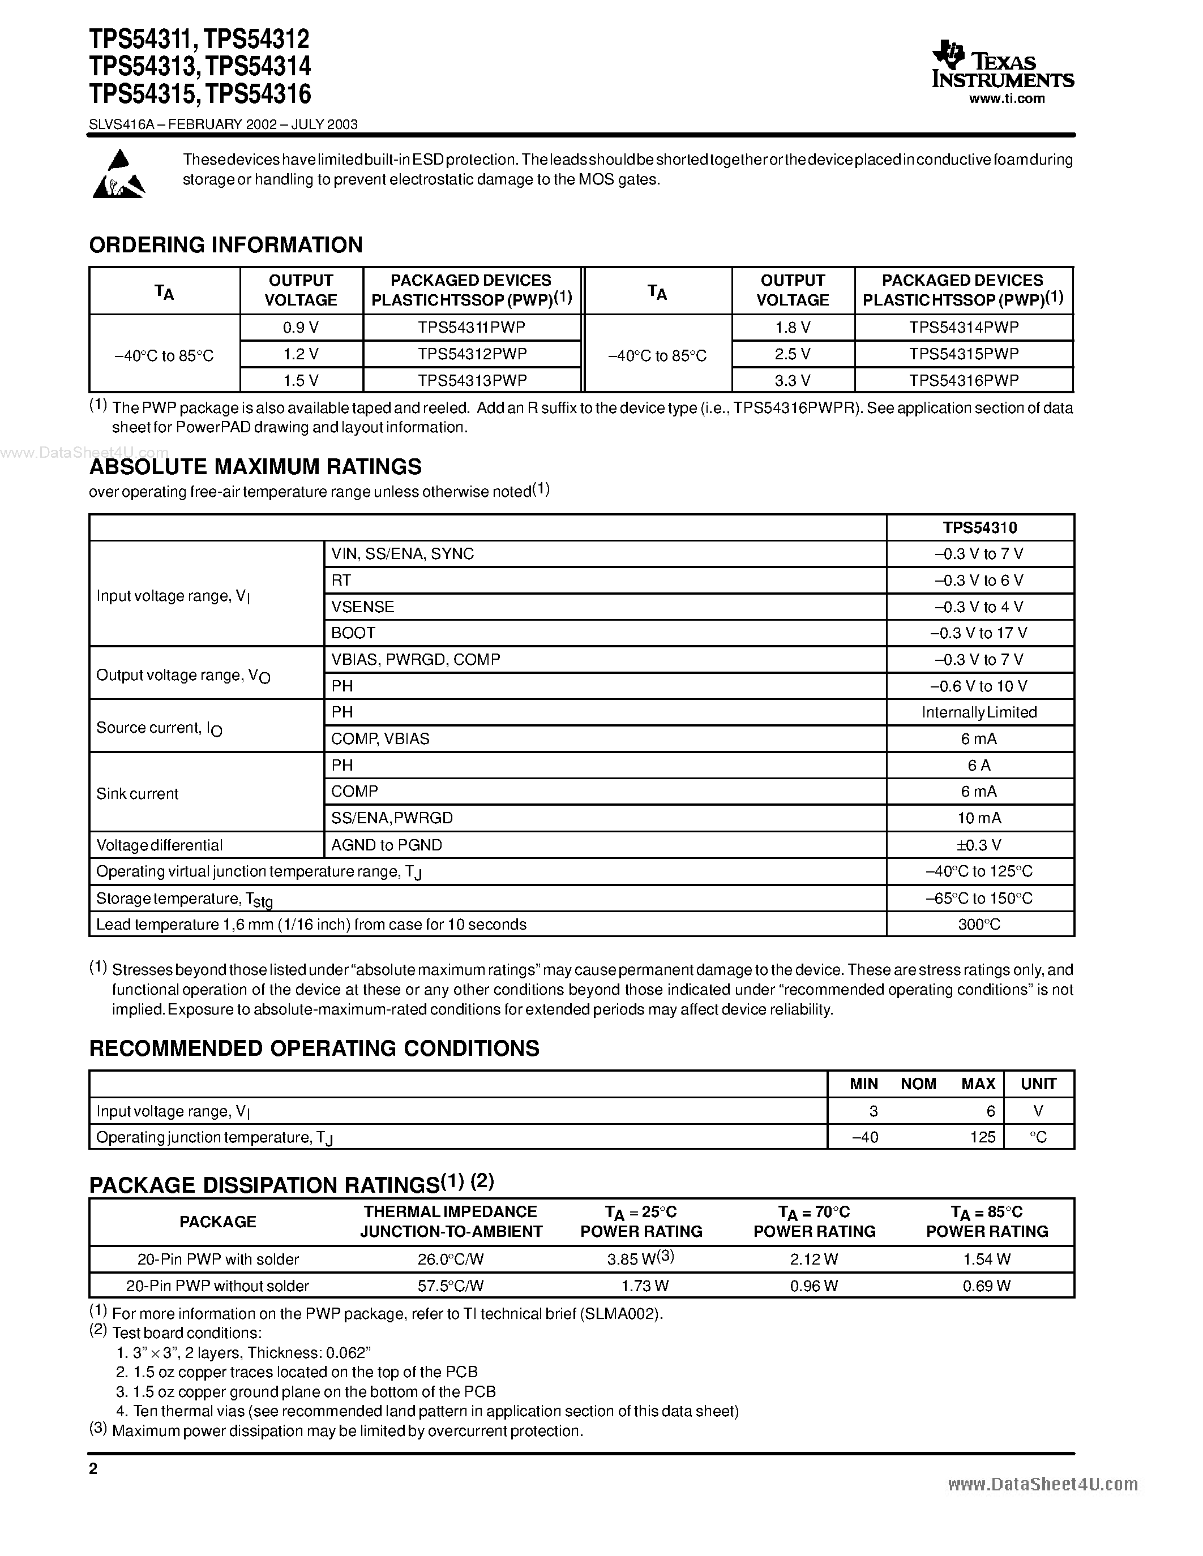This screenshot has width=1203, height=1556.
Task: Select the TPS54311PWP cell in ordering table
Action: [x=471, y=327]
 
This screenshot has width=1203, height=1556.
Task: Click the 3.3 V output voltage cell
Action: [x=792, y=380]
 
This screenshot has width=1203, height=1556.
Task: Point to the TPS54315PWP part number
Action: [x=963, y=354]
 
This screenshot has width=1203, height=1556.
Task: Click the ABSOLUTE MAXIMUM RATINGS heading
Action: [x=255, y=467]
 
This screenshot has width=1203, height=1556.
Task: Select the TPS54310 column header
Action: [x=979, y=528]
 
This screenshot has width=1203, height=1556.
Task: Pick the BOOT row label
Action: [x=353, y=633]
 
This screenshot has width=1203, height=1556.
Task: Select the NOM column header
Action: [x=918, y=1084]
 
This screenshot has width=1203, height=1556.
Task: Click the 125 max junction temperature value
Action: [x=982, y=1137]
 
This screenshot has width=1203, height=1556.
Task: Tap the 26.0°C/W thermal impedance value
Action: [x=451, y=1260]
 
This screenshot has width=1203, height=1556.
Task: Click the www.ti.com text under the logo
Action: [x=1007, y=99]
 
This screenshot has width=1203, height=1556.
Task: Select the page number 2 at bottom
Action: [x=93, y=1468]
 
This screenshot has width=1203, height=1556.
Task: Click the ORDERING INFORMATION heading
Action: [x=225, y=245]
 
